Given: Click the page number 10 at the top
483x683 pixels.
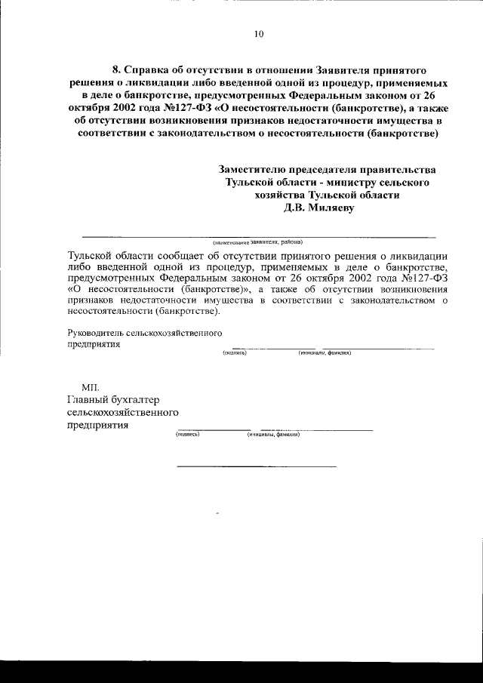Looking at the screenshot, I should (259, 33).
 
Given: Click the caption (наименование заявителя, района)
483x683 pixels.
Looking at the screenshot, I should (257, 242).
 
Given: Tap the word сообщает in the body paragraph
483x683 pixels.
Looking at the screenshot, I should (160, 255).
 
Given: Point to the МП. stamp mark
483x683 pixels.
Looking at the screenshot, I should (91, 386).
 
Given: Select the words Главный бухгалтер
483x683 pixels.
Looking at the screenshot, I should (113, 400).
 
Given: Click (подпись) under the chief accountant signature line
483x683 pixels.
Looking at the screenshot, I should (187, 435).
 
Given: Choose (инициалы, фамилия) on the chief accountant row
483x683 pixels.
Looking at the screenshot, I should (273, 435).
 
